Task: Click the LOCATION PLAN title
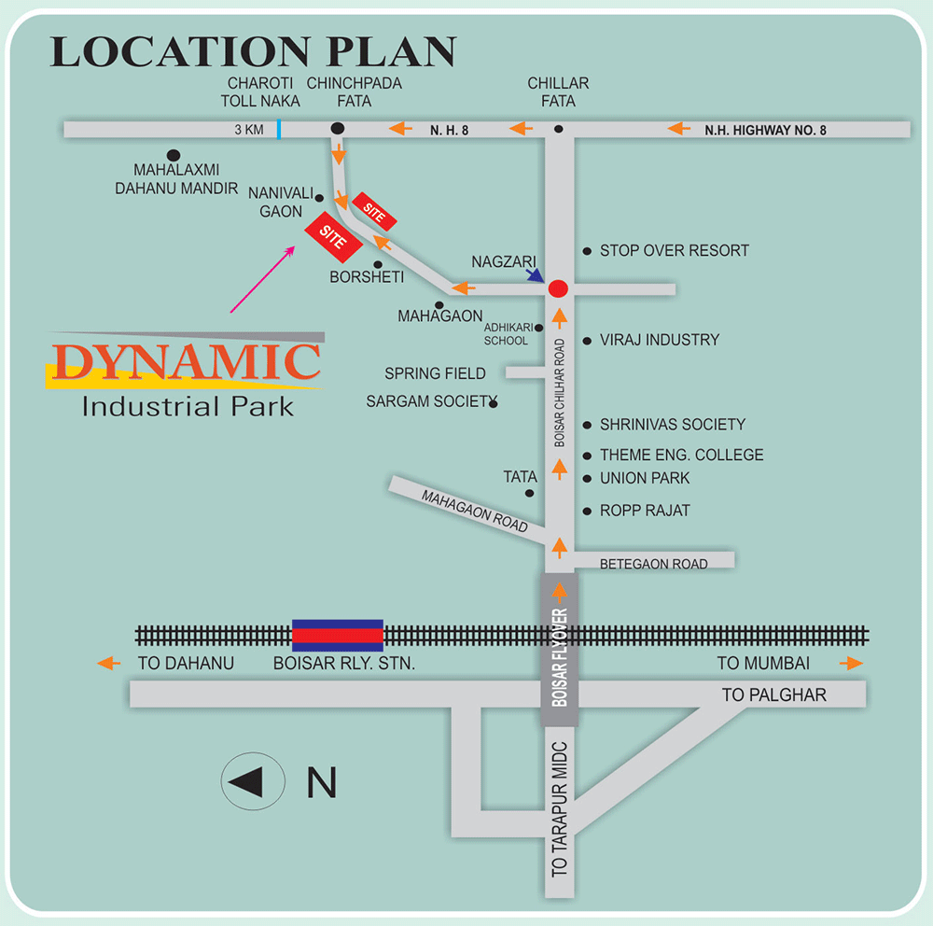pos(253,51)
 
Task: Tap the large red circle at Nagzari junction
pos(559,288)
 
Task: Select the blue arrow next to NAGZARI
pos(535,274)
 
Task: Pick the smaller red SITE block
pos(375,213)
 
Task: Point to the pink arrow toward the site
pos(262,279)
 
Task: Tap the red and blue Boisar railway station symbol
pos(338,635)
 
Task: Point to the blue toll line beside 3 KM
pos(278,129)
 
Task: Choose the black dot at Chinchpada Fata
pos(338,129)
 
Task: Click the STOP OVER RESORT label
pos(674,250)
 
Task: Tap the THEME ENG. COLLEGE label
pos(681,455)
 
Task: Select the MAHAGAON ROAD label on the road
pos(474,510)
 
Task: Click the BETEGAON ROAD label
pos(653,564)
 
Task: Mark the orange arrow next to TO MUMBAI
pos(850,664)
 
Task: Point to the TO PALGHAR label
pos(774,695)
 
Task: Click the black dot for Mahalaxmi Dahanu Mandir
pos(173,154)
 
